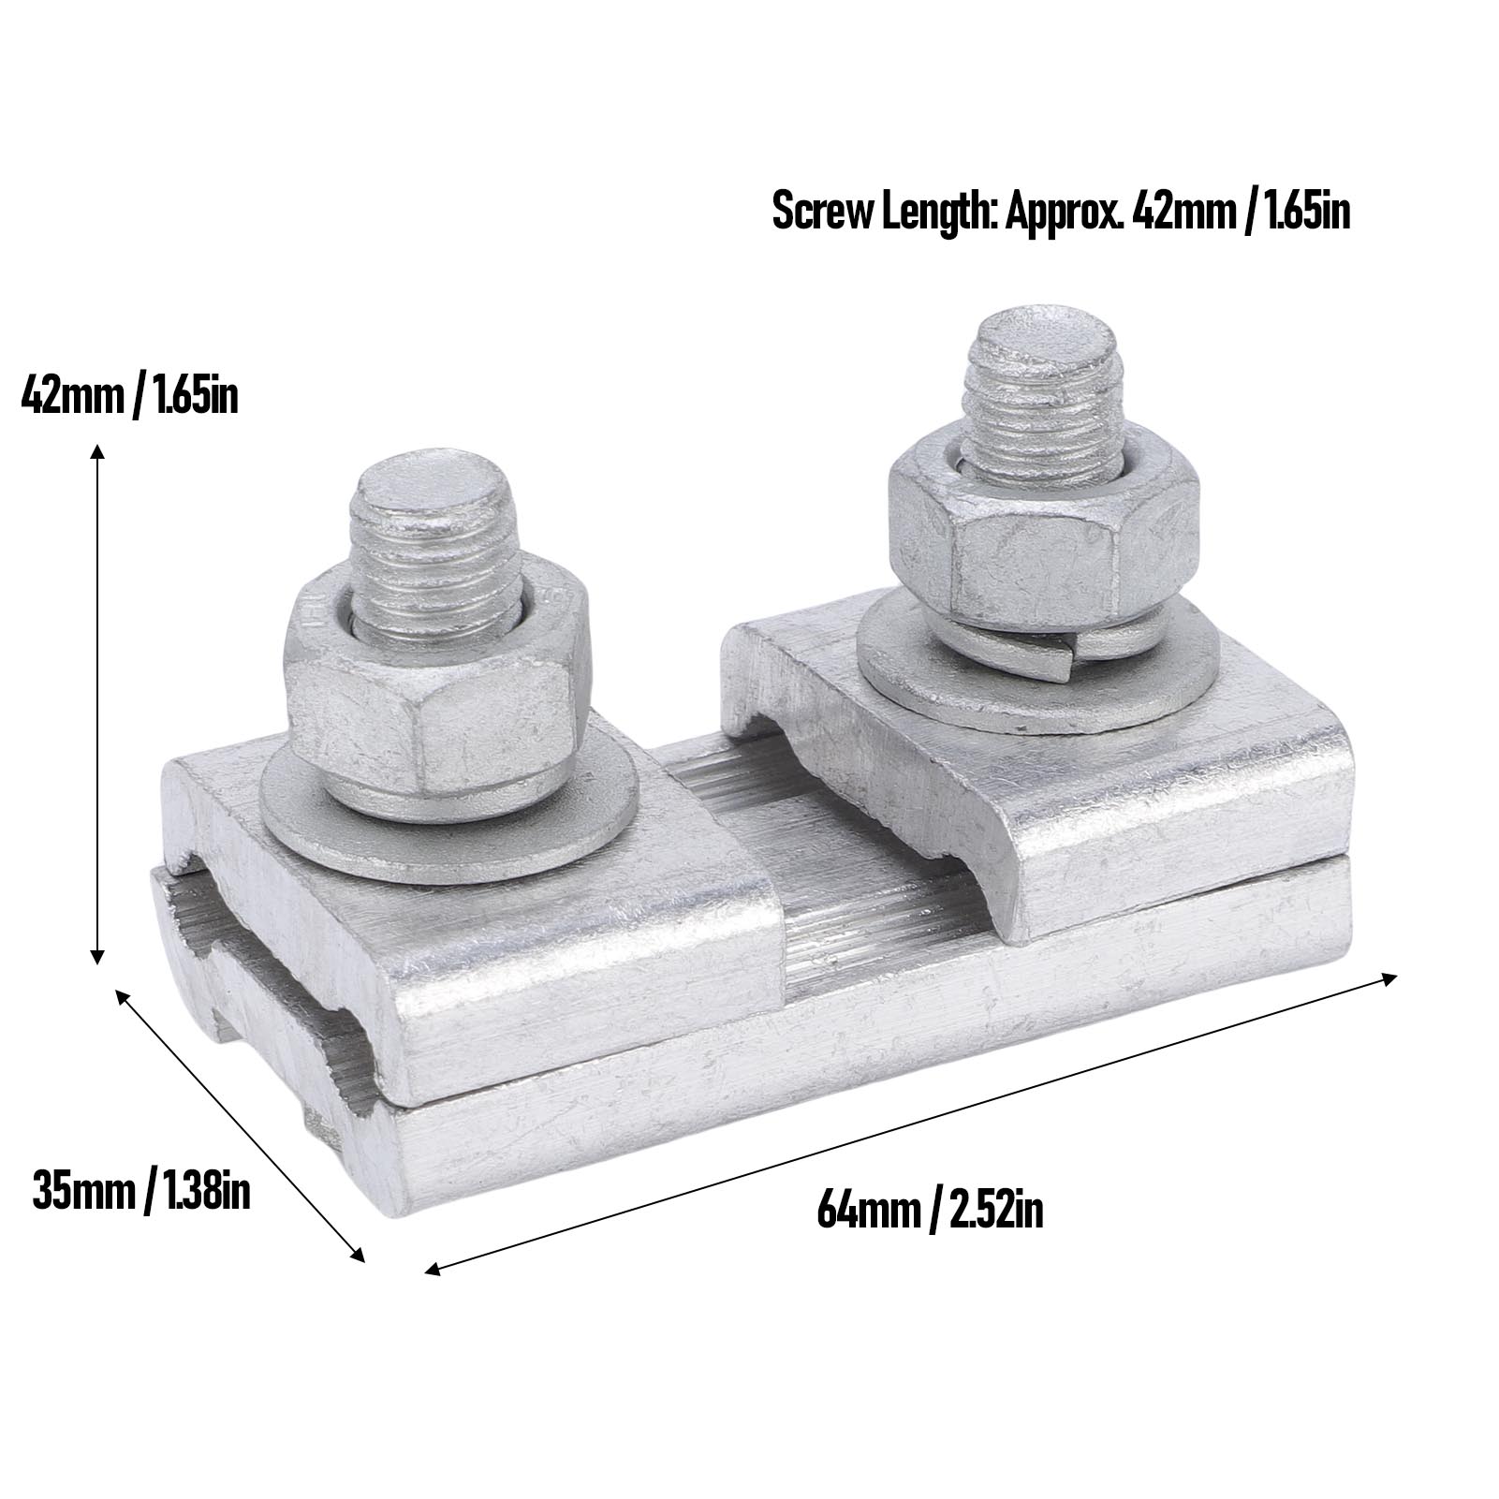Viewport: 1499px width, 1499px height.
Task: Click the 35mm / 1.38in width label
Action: [x=140, y=1192]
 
